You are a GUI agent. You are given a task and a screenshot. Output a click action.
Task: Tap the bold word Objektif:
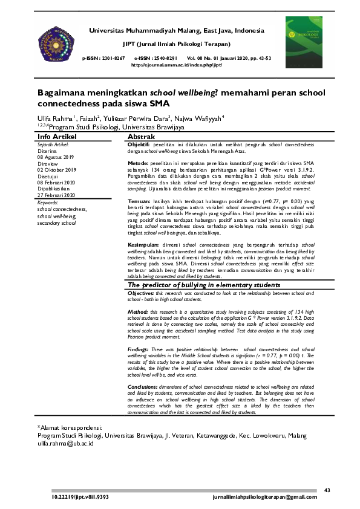(x=138, y=146)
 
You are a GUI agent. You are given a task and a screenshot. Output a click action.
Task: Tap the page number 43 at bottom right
(x=327, y=489)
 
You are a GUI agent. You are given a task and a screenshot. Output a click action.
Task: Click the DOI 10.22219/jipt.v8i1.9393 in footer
(x=80, y=498)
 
